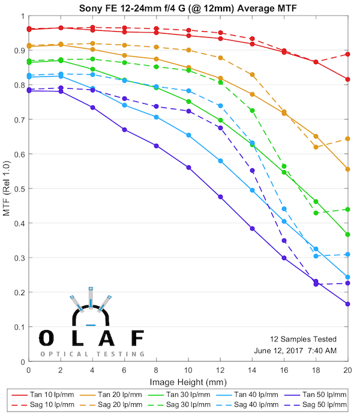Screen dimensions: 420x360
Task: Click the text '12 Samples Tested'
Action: coord(302,339)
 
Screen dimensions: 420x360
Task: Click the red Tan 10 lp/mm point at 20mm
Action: coord(348,79)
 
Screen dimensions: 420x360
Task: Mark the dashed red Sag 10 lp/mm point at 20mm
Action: coord(348,54)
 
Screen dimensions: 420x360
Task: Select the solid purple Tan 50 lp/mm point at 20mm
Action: coord(348,304)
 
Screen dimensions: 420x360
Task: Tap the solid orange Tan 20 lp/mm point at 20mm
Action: coord(348,169)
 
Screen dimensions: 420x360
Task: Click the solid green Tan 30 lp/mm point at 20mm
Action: coord(348,235)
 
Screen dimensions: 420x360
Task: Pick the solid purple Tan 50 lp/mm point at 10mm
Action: coord(188,167)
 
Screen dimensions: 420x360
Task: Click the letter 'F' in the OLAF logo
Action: coord(137,338)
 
